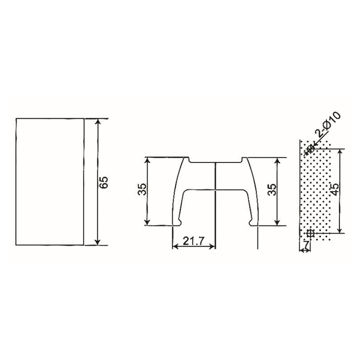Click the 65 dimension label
pos(104,182)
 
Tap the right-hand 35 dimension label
pos(271,190)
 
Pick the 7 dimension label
pos(307,244)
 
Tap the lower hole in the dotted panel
pos(310,233)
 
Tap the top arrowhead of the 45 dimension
pos(340,152)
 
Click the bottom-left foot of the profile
pos(178,222)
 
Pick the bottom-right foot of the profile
pos(253,222)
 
